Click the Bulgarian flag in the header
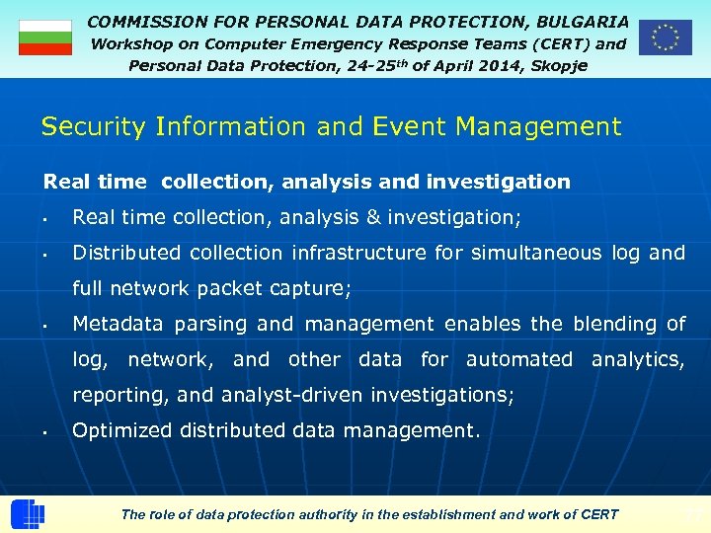(45, 38)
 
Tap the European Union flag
(665, 38)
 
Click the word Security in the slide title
(89, 127)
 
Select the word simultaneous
(535, 253)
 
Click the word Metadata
(119, 324)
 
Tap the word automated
(518, 359)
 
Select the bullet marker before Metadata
(46, 325)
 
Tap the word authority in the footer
(334, 514)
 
